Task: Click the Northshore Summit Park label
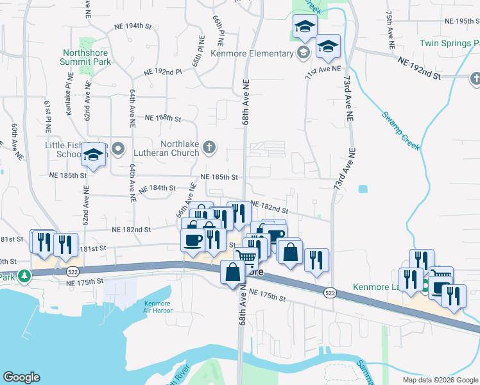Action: coord(86,57)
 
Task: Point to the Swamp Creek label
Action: coord(401,131)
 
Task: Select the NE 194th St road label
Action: coord(132,26)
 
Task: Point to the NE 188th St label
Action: coord(164,118)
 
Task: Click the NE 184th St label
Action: coord(157,187)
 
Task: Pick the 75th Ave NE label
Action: coord(390,29)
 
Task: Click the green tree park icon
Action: coord(24,276)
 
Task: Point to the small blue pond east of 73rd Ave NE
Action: coord(364,189)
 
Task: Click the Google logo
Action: coord(21,377)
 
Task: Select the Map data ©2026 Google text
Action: coord(440,380)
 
